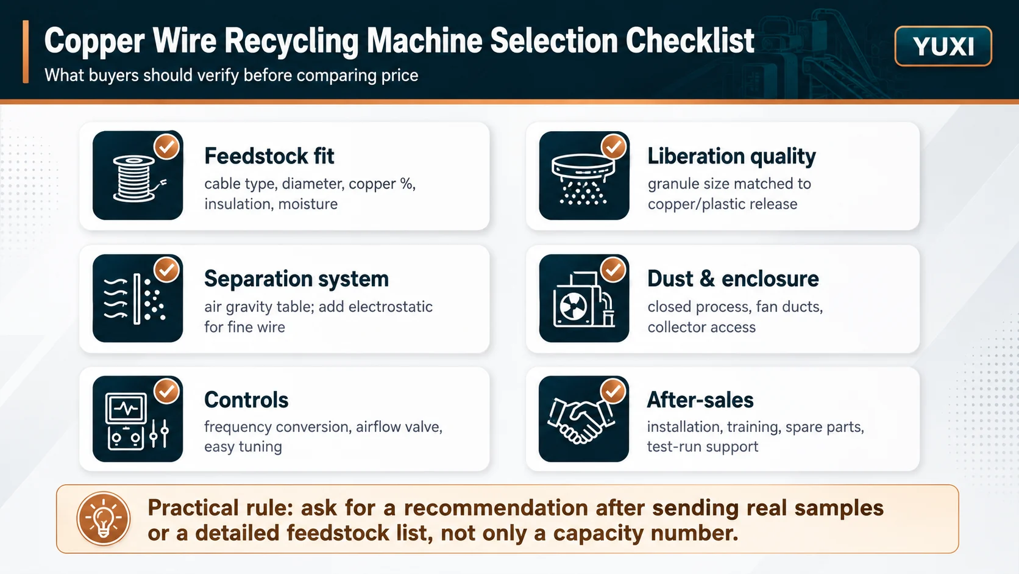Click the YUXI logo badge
(943, 46)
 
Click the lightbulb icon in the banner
(103, 518)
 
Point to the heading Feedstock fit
(269, 156)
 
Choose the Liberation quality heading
(731, 156)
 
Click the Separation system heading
(296, 279)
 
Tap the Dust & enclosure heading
(733, 279)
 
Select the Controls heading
(246, 400)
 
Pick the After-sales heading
(700, 400)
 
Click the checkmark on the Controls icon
(166, 390)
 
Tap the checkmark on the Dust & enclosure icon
(613, 270)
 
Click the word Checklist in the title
(690, 40)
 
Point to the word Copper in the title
(94, 41)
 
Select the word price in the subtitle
(399, 76)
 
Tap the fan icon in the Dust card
(573, 306)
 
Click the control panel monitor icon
(126, 408)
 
